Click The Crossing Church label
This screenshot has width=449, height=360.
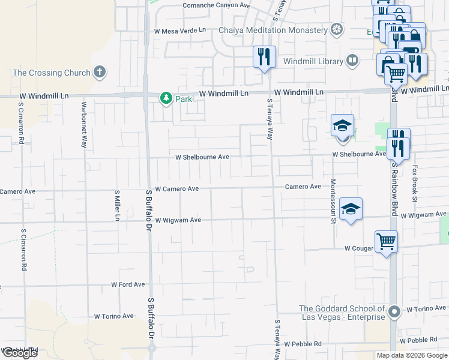click(46, 73)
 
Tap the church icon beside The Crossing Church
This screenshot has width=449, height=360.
click(100, 73)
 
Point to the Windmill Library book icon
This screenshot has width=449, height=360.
click(352, 61)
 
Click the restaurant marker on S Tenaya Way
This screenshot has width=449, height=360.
click(264, 57)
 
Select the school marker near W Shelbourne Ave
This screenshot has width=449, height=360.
click(342, 126)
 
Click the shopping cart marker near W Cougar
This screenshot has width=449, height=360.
click(387, 242)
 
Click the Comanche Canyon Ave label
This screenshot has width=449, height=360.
click(216, 5)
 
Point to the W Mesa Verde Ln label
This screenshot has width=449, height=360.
click(179, 30)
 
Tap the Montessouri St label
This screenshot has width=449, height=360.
click(333, 201)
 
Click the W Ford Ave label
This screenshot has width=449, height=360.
click(128, 284)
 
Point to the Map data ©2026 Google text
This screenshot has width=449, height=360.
click(412, 355)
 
